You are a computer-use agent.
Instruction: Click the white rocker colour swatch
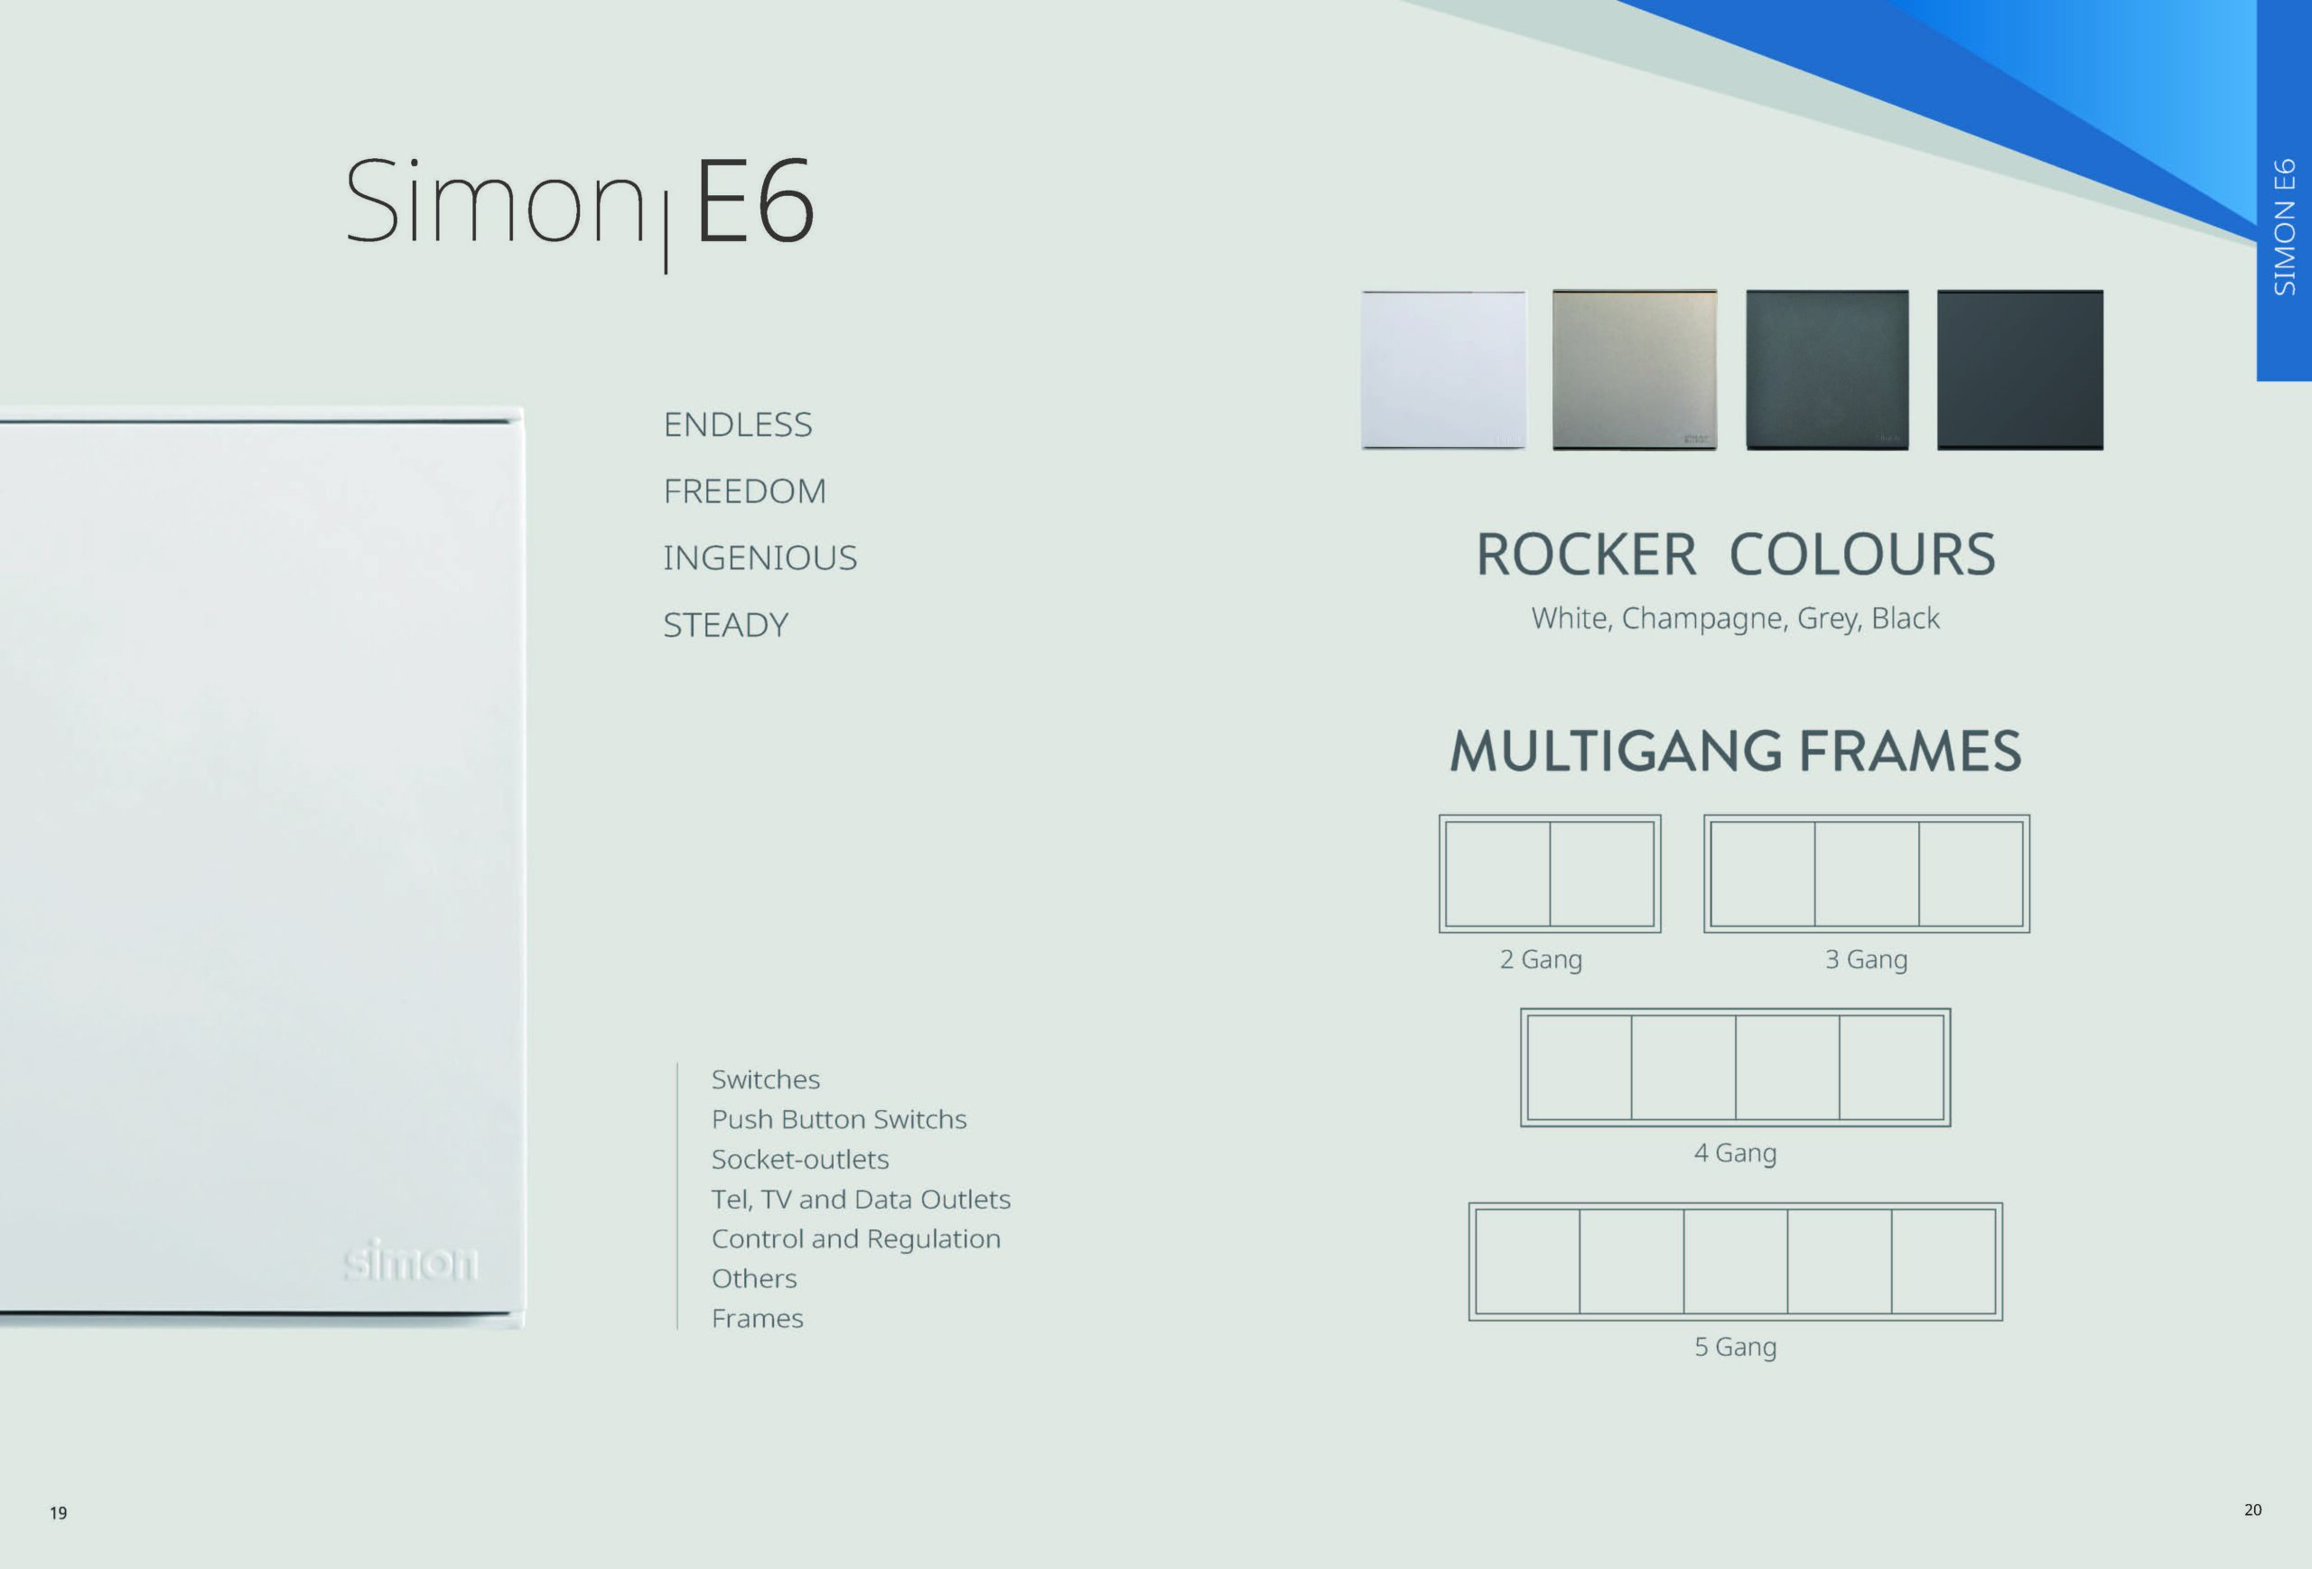(x=1442, y=370)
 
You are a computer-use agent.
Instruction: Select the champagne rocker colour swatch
(x=1635, y=370)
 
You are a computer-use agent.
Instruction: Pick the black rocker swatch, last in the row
(x=2019, y=370)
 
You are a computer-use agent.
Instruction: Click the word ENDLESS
(x=738, y=425)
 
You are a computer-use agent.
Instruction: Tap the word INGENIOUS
(x=760, y=558)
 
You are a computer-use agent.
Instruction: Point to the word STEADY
(x=726, y=625)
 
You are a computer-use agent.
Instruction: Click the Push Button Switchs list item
(x=839, y=1119)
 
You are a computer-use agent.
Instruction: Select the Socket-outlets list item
(x=800, y=1159)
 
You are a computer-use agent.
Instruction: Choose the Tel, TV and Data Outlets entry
(x=861, y=1199)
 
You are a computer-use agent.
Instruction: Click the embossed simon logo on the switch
(x=411, y=1261)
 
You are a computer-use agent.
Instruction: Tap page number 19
(x=59, y=1513)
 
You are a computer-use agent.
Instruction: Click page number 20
(x=2253, y=1510)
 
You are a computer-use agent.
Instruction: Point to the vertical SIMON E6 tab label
(x=2285, y=227)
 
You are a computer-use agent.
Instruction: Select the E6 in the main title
(x=754, y=202)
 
